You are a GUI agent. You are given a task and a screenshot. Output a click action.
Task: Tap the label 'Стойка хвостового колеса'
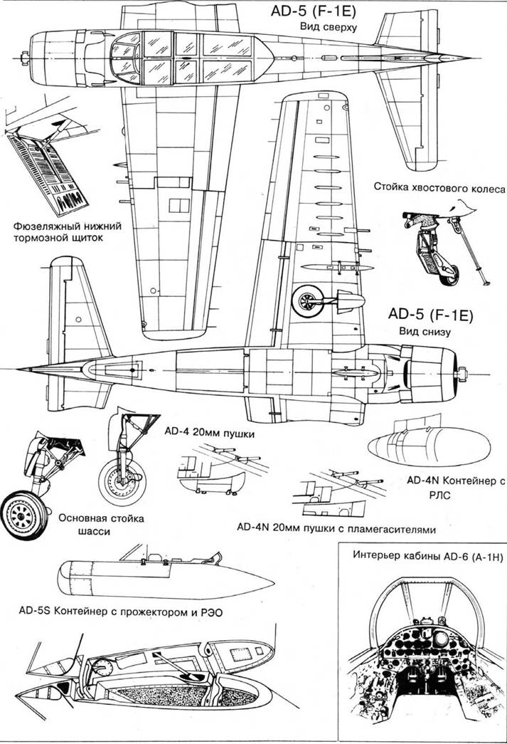[x=439, y=187]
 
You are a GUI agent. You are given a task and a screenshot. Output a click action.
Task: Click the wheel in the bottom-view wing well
[x=308, y=300]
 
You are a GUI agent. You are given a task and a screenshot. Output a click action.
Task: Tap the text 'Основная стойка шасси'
[x=101, y=525]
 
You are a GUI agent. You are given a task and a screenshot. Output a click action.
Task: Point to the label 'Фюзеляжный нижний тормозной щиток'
[x=68, y=232]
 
